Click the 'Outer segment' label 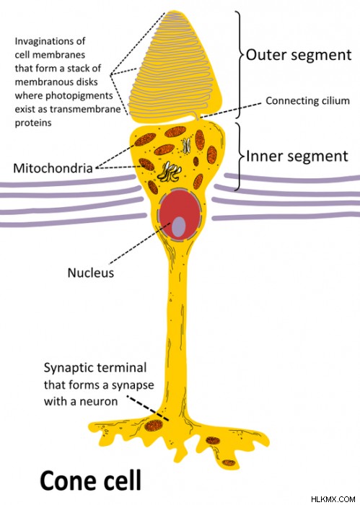pyautogui.click(x=299, y=55)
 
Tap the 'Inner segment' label pyautogui.click(x=297, y=157)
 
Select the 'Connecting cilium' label pyautogui.click(x=307, y=101)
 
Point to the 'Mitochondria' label pyautogui.click(x=53, y=168)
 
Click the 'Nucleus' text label pyautogui.click(x=91, y=273)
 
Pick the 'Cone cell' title pyautogui.click(x=90, y=480)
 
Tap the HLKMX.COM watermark pyautogui.click(x=333, y=499)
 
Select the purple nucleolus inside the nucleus pyautogui.click(x=179, y=227)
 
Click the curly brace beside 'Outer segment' pyautogui.click(x=239, y=64)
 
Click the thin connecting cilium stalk pyautogui.click(x=197, y=116)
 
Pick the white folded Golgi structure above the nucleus pyautogui.click(x=169, y=172)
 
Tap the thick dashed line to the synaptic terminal pyautogui.click(x=147, y=408)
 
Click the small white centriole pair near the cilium pyautogui.click(x=186, y=146)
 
